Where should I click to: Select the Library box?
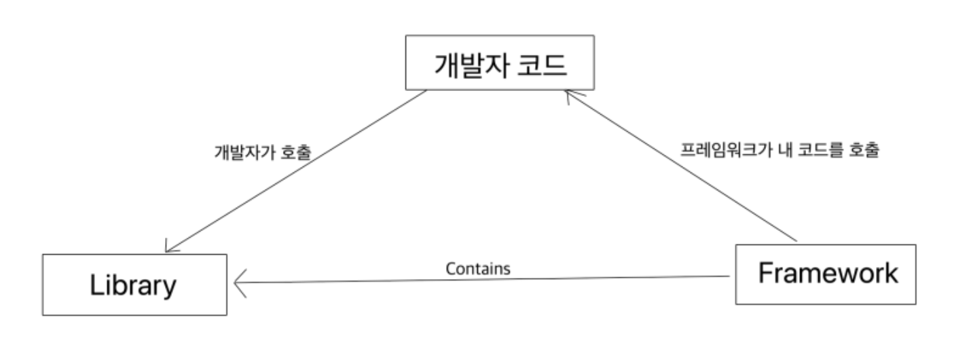(134, 284)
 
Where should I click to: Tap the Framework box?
(825, 274)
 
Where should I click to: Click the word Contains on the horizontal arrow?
(478, 268)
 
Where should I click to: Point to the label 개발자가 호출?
(263, 152)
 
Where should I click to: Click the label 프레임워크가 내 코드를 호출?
(780, 150)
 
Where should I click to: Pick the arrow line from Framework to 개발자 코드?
(679, 166)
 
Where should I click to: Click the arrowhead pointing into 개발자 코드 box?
(569, 95)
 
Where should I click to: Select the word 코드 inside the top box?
(543, 66)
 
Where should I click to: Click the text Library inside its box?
(133, 285)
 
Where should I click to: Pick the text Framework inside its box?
(828, 274)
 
